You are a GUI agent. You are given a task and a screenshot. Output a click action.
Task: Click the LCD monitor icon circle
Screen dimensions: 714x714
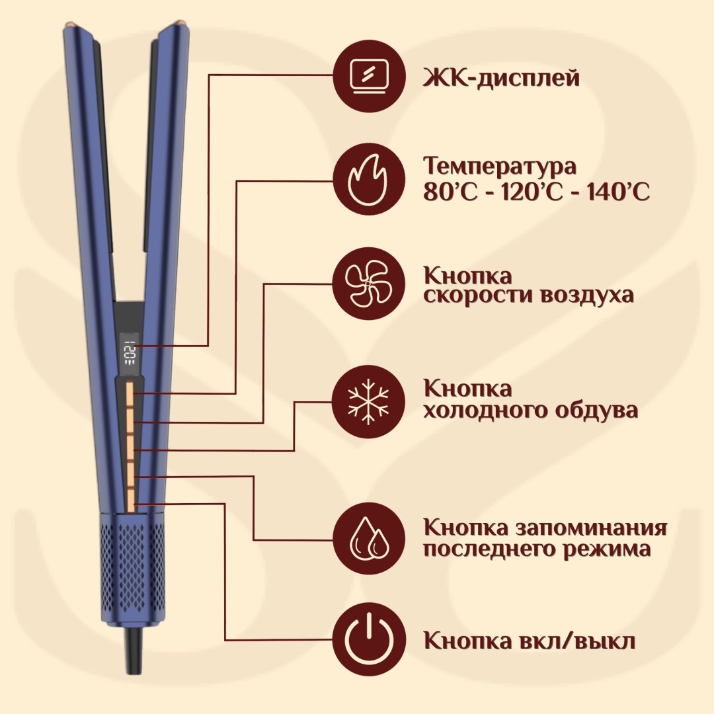[x=369, y=75]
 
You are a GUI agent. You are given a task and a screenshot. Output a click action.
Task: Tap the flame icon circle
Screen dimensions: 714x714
[x=369, y=179]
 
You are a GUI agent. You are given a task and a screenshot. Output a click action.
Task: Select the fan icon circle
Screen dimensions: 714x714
[x=369, y=284]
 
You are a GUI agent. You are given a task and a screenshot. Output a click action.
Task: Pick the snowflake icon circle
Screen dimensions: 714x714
[x=369, y=402]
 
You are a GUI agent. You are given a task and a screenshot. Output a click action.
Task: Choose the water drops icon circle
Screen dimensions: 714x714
[x=369, y=539]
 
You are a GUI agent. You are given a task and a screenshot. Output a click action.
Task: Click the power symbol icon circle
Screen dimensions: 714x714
[x=369, y=639]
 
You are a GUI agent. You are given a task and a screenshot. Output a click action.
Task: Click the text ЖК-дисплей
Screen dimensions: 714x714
[x=501, y=77]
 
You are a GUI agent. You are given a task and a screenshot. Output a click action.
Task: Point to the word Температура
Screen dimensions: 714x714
[x=500, y=167]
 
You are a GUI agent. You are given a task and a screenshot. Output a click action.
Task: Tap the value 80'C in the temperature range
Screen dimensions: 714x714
[x=450, y=192]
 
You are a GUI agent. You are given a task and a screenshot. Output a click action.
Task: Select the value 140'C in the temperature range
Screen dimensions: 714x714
[x=618, y=192]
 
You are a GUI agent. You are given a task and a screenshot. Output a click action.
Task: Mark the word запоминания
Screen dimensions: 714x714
[x=591, y=528]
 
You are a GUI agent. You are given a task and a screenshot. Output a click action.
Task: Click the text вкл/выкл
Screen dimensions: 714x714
[x=577, y=640]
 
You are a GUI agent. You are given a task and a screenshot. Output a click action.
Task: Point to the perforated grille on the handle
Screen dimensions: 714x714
[x=133, y=567]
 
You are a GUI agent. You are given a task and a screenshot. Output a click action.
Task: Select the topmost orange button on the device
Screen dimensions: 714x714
[x=130, y=394]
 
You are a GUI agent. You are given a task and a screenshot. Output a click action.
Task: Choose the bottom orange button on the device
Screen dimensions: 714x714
[x=130, y=501]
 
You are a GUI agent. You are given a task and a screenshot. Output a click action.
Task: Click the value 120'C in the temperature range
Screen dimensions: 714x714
[x=532, y=192]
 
